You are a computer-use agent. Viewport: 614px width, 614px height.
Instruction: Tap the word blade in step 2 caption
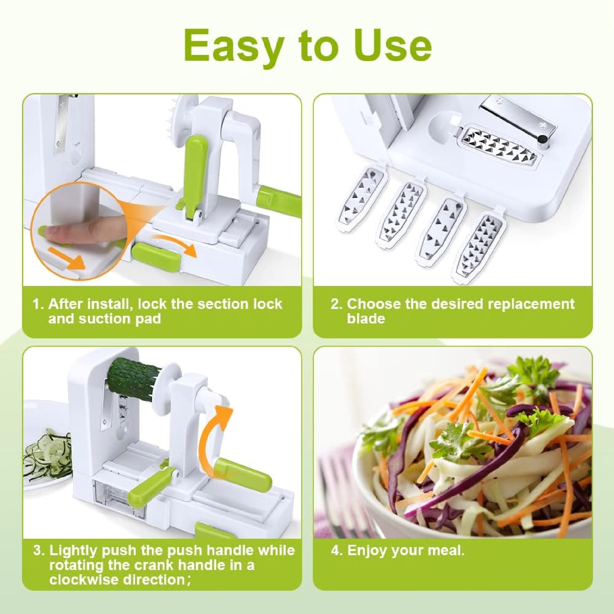coord(366,319)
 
